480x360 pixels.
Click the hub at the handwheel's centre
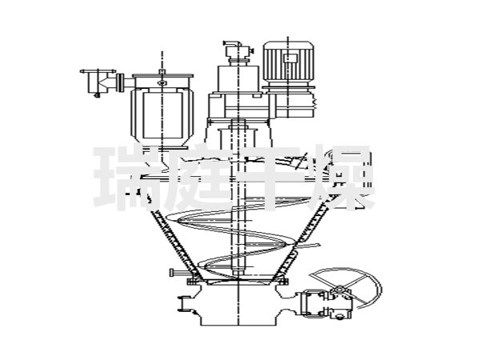click(x=339, y=289)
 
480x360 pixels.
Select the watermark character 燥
click(x=342, y=178)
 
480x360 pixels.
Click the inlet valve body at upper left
click(x=98, y=81)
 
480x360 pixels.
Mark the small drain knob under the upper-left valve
click(x=98, y=95)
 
